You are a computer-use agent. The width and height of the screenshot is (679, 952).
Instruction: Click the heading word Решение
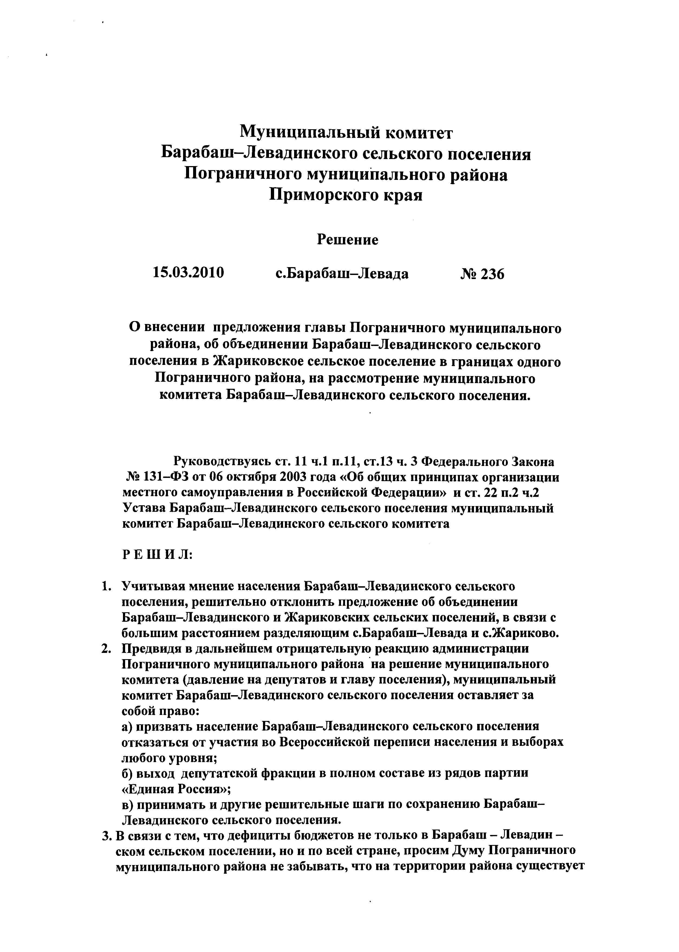pyautogui.click(x=347, y=239)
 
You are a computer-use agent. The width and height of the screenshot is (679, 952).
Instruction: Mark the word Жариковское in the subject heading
pyautogui.click(x=258, y=362)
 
